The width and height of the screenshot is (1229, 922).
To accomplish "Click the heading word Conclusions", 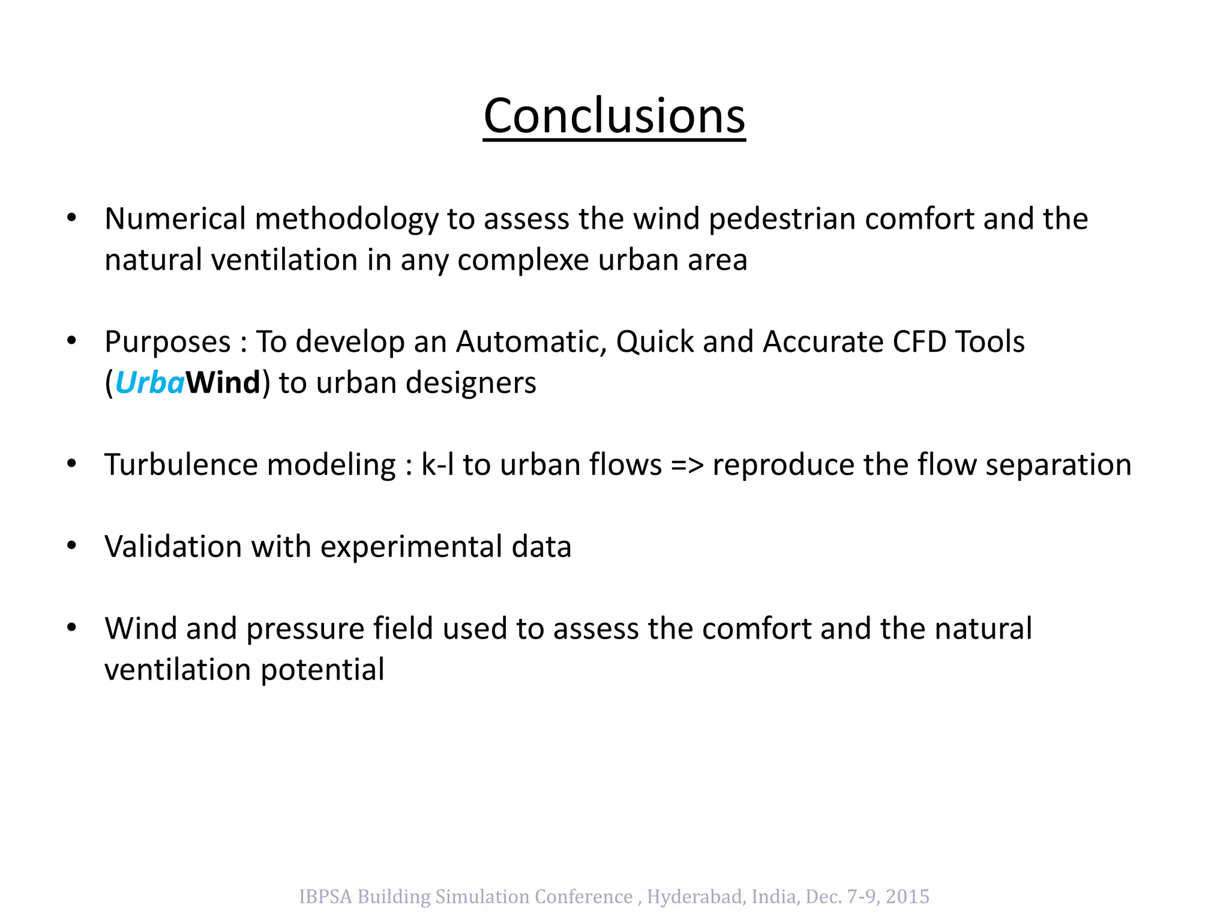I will [x=614, y=115].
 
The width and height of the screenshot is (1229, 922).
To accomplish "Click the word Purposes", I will [x=167, y=342].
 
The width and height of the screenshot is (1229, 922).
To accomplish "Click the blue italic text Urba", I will [x=149, y=383].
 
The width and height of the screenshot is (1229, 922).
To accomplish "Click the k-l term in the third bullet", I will [x=437, y=465].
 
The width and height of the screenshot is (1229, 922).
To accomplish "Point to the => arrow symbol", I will [x=687, y=465].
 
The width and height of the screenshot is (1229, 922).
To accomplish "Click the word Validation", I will [x=173, y=547].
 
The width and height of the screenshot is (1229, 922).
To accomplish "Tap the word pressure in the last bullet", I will [x=305, y=628].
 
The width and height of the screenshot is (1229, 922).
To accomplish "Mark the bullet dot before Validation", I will [x=72, y=546].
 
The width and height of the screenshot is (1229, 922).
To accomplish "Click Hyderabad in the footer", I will [x=696, y=896].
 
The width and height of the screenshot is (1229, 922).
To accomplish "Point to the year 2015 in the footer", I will [x=907, y=896].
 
